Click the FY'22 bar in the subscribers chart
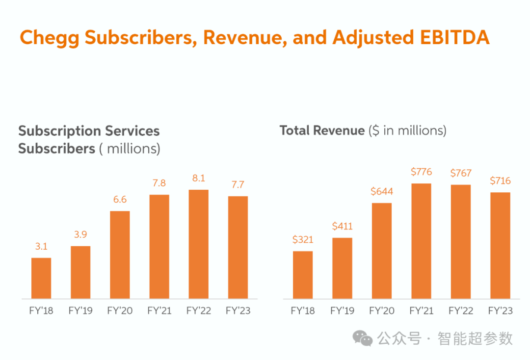click(x=198, y=244)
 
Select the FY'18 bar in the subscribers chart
click(x=41, y=278)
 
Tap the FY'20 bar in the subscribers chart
click(x=120, y=255)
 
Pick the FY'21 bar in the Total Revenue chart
click(x=421, y=241)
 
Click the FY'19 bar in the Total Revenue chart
click(x=342, y=268)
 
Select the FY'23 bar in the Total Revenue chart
click(x=500, y=246)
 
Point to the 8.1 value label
click(x=199, y=178)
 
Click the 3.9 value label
click(x=80, y=234)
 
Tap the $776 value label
click(x=421, y=172)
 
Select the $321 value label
click(x=303, y=240)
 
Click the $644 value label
click(x=382, y=191)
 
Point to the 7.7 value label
click(x=238, y=184)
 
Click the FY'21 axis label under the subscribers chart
click(x=159, y=310)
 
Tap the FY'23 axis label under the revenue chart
click(x=500, y=310)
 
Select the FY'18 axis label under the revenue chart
click(x=302, y=310)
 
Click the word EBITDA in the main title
click(x=454, y=37)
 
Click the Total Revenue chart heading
click(x=363, y=130)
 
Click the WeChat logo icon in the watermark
click(x=362, y=338)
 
